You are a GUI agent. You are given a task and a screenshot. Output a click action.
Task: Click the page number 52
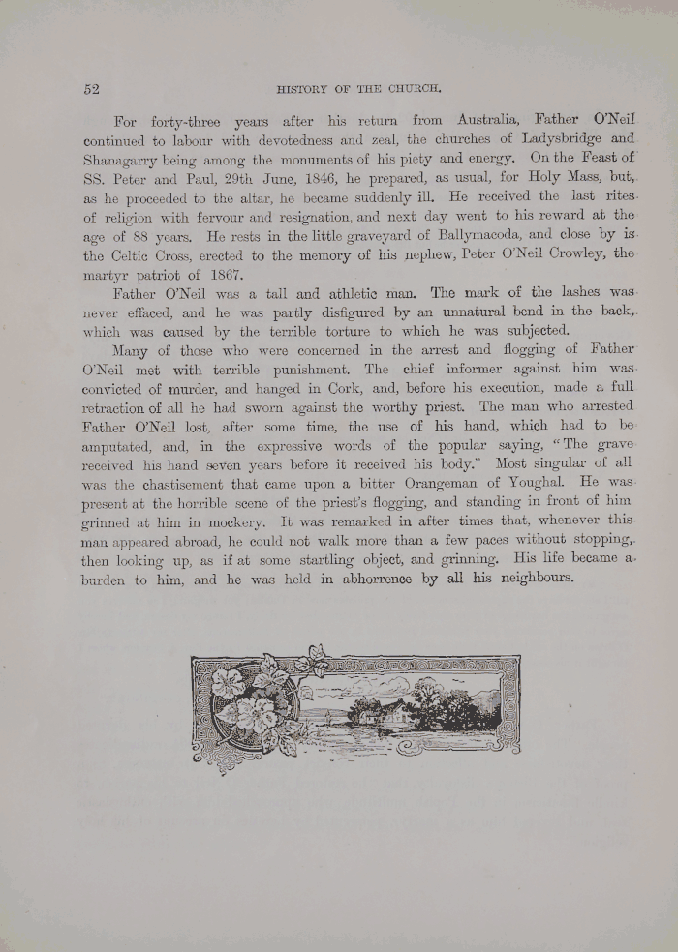tap(91, 89)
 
